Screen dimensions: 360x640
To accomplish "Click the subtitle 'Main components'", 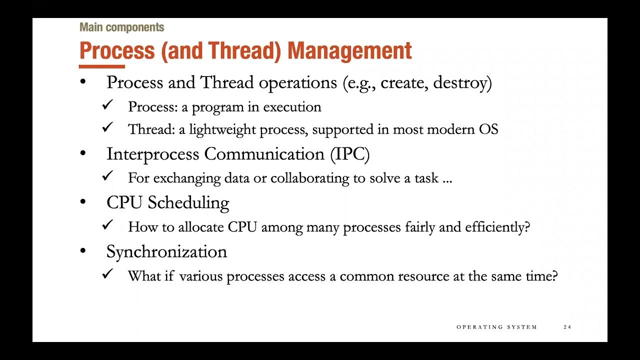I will point(121,27).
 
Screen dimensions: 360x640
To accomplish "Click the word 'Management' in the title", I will point(349,50).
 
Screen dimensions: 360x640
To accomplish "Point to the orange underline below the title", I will point(102,66).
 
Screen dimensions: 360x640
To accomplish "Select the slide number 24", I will point(567,327).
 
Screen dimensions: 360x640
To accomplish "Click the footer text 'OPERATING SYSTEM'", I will point(496,327).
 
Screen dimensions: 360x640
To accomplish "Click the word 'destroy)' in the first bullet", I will point(462,82).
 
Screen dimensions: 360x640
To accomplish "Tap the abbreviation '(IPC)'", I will point(349,154).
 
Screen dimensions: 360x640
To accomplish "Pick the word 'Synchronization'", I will point(166,251).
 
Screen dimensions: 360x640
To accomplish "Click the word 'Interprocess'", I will point(153,154).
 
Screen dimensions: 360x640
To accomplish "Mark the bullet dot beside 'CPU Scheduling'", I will point(83,202).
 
